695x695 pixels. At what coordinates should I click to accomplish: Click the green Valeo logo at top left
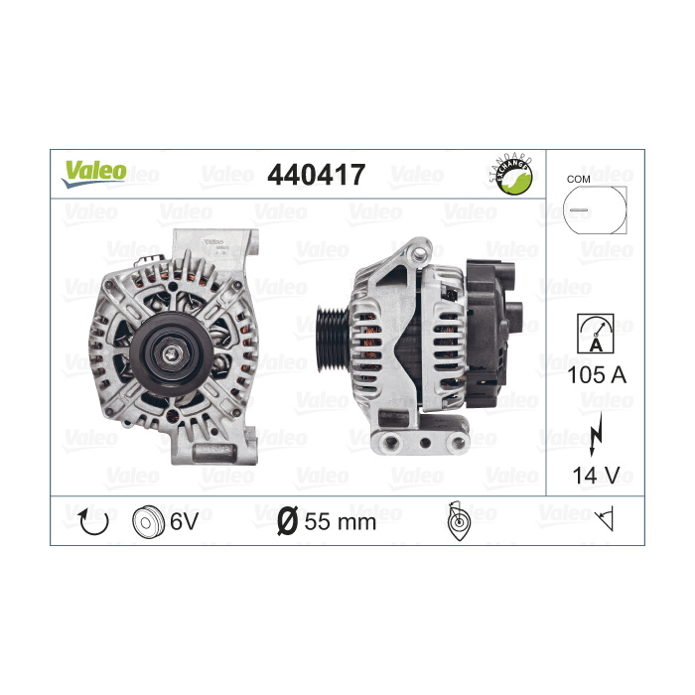click(x=94, y=174)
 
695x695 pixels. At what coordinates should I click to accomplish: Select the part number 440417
click(x=316, y=174)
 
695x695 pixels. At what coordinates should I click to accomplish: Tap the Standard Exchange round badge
click(x=513, y=175)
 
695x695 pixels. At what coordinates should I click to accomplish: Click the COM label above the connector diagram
click(x=578, y=179)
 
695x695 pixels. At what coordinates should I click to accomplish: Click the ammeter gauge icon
click(x=596, y=334)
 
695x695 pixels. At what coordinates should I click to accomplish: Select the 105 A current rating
click(x=597, y=375)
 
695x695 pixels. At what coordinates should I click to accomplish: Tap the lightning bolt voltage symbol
click(x=596, y=434)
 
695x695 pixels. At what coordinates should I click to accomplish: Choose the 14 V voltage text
click(x=596, y=476)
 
